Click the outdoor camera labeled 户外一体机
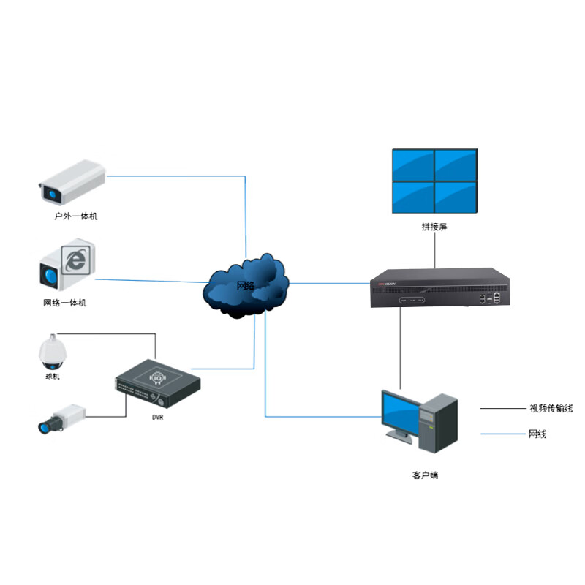[x=71, y=182]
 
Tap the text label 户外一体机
[x=76, y=217]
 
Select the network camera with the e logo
[x=67, y=265]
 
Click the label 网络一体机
[x=64, y=303]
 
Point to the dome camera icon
[x=52, y=352]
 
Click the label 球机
[x=53, y=377]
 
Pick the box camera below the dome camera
[x=60, y=418]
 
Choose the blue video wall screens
[x=434, y=181]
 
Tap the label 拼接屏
[x=434, y=227]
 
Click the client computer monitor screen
[x=399, y=413]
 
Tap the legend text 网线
[x=537, y=434]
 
